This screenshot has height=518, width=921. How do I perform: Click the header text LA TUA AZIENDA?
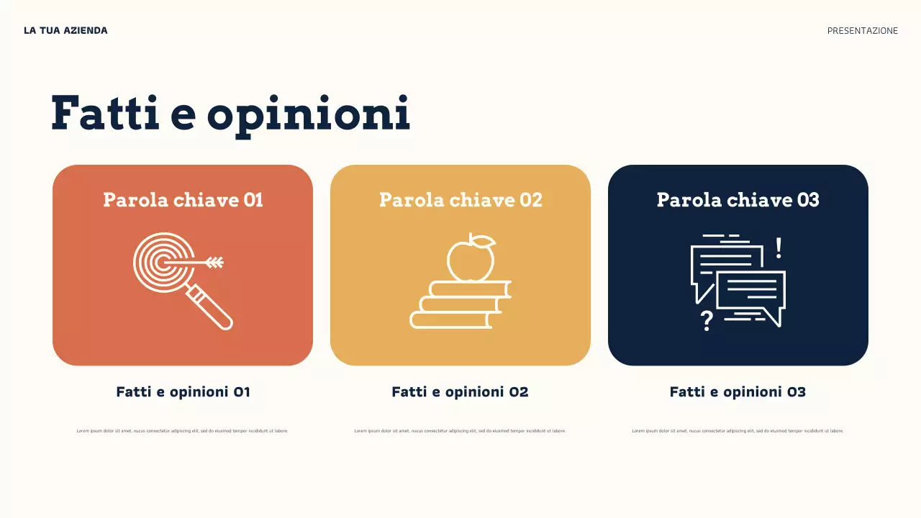coord(65,30)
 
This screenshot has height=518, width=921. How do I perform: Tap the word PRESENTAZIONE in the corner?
coord(862,31)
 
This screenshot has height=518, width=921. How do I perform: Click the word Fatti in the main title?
coord(106,114)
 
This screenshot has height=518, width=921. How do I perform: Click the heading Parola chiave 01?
coord(183,199)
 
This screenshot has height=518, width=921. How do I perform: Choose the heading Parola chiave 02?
coord(460,199)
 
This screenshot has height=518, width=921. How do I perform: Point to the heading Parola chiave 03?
coord(738,199)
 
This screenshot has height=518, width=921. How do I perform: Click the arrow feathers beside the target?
coord(215,263)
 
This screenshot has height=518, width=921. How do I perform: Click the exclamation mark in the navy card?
coord(779,249)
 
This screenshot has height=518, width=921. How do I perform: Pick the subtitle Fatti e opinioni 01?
coord(183,392)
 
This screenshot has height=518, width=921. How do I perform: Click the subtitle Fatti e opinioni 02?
coord(460,392)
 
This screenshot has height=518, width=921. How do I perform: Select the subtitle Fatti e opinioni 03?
coord(738,392)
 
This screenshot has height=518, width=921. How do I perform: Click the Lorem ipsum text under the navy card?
coord(738,431)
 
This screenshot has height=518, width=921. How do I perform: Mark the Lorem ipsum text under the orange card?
coord(182,431)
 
